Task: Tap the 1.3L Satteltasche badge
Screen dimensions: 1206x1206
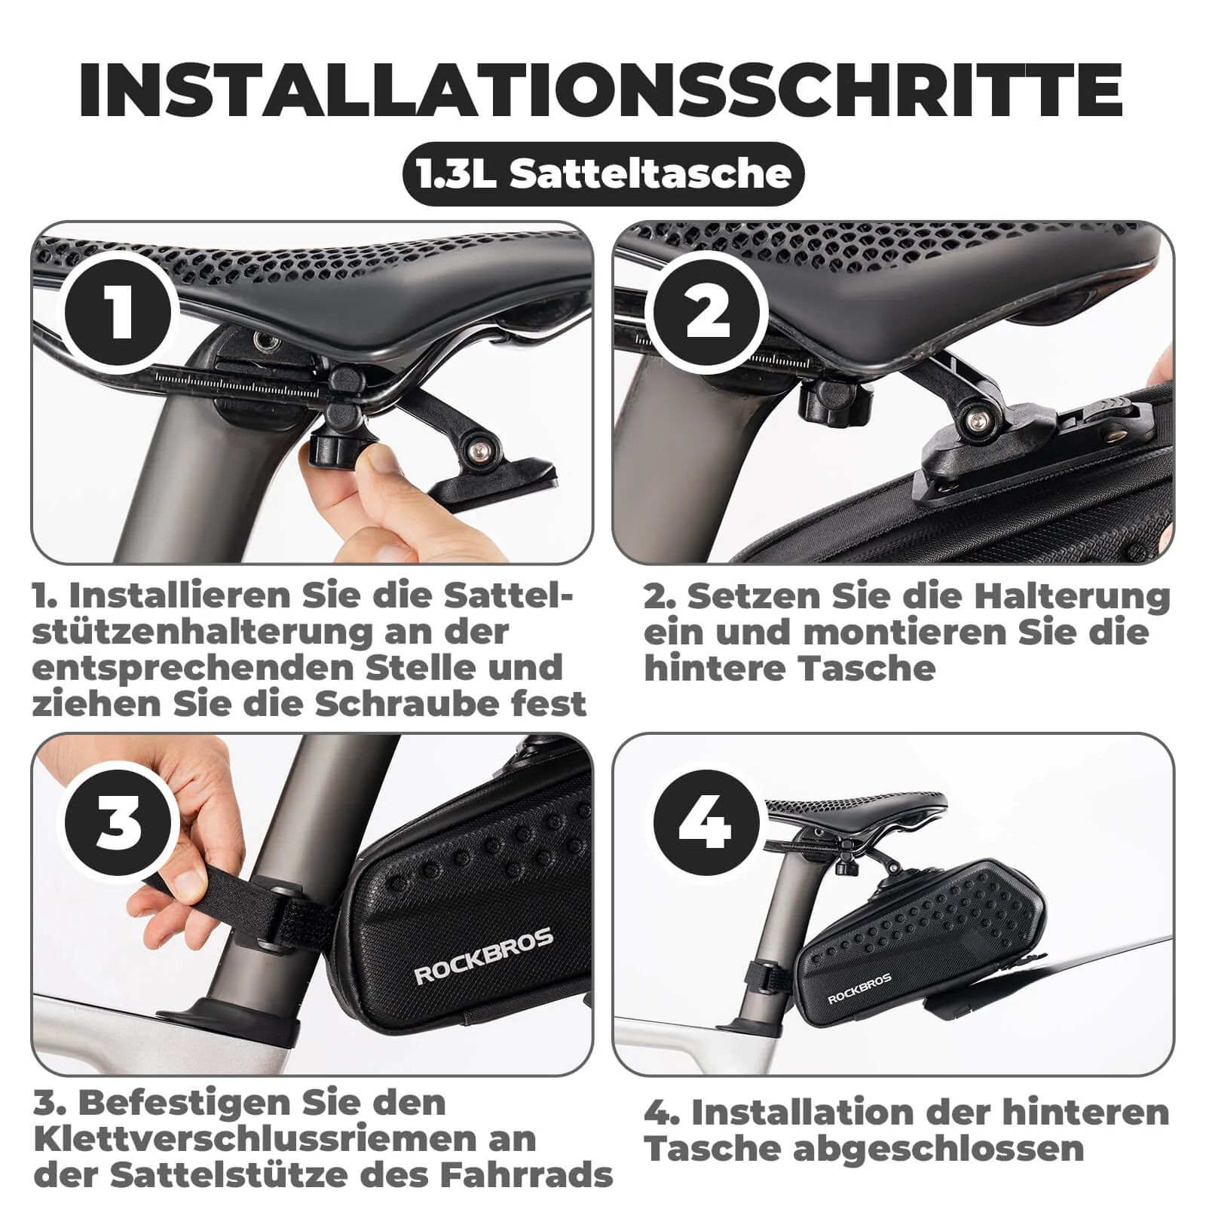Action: (x=603, y=174)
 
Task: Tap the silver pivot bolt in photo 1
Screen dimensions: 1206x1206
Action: (x=476, y=450)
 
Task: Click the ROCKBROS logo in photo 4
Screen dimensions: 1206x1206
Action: (x=859, y=988)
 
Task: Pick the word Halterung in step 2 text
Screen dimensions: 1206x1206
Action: (x=1071, y=596)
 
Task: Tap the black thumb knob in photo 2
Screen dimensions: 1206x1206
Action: (x=835, y=401)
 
